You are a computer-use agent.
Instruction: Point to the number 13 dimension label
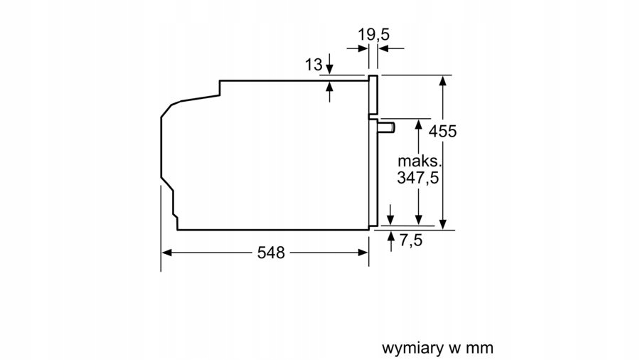point(314,65)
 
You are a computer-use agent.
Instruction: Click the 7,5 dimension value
point(410,240)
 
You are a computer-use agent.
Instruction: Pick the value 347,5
point(417,179)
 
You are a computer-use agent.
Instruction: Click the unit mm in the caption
point(480,348)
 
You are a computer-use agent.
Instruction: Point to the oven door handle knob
point(387,127)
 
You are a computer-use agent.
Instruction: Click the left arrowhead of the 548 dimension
point(167,253)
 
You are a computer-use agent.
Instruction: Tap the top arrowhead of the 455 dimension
point(443,80)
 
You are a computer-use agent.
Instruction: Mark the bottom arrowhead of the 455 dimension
point(443,224)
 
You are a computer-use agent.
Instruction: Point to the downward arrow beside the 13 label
point(329,70)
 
